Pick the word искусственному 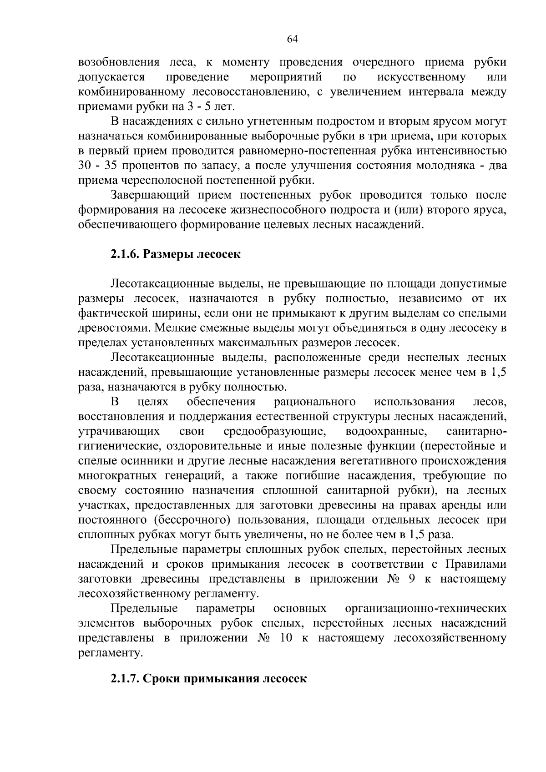click(x=421, y=77)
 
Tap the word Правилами click(x=475, y=564)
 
